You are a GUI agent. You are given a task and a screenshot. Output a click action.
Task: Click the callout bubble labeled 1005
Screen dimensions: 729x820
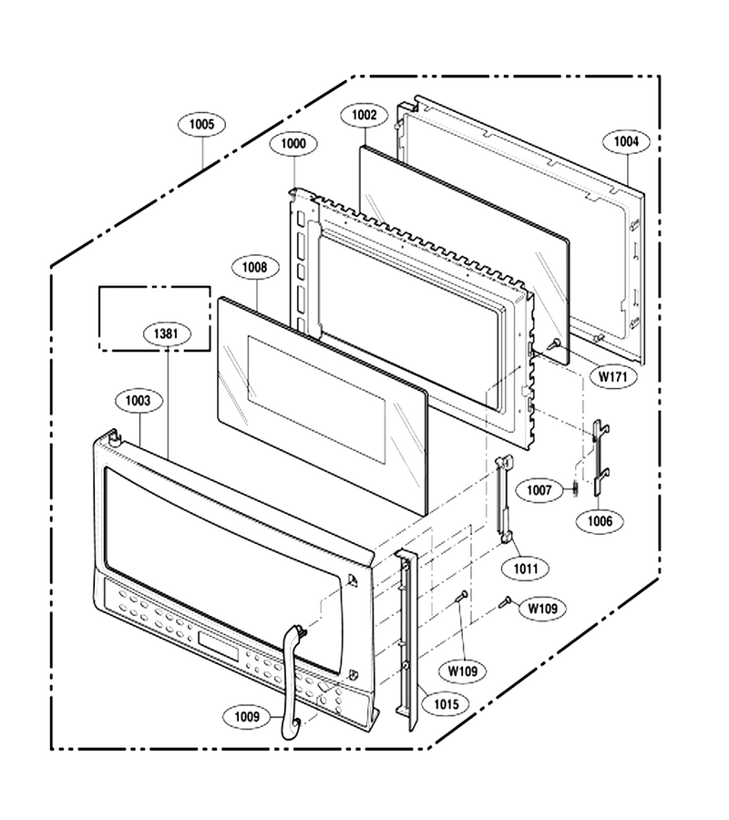pos(201,125)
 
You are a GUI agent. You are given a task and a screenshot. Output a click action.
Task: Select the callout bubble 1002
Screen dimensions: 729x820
pos(364,115)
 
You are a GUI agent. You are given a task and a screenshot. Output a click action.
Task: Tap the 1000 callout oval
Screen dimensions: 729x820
pos(293,144)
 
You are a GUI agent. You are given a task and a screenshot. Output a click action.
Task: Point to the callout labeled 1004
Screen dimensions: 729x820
pos(626,142)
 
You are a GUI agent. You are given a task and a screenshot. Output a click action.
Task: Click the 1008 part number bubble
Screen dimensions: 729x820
pos(254,268)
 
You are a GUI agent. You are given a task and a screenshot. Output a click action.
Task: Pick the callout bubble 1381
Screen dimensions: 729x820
pos(166,333)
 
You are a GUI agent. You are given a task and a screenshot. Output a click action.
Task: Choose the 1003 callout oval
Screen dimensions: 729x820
pos(139,401)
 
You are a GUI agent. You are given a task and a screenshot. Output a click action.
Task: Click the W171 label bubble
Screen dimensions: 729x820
pos(613,376)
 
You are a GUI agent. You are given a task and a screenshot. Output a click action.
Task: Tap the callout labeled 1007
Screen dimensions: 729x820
pos(539,490)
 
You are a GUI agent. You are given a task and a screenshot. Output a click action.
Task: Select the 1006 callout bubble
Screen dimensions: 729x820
pos(600,521)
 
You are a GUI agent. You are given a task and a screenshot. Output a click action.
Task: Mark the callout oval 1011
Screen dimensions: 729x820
pos(526,569)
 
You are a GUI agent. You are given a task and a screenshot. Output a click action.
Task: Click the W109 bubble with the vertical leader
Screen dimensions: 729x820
pos(463,671)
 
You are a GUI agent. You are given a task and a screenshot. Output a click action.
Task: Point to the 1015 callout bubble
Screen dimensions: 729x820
pos(447,704)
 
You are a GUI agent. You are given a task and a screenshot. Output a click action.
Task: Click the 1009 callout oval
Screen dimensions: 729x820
pos(247,716)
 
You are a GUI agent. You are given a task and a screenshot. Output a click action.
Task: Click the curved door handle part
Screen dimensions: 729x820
pos(292,680)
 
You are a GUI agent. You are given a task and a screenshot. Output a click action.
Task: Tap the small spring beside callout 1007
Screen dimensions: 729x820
pos(575,488)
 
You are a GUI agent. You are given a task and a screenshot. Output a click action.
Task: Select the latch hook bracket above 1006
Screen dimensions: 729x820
pos(600,457)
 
